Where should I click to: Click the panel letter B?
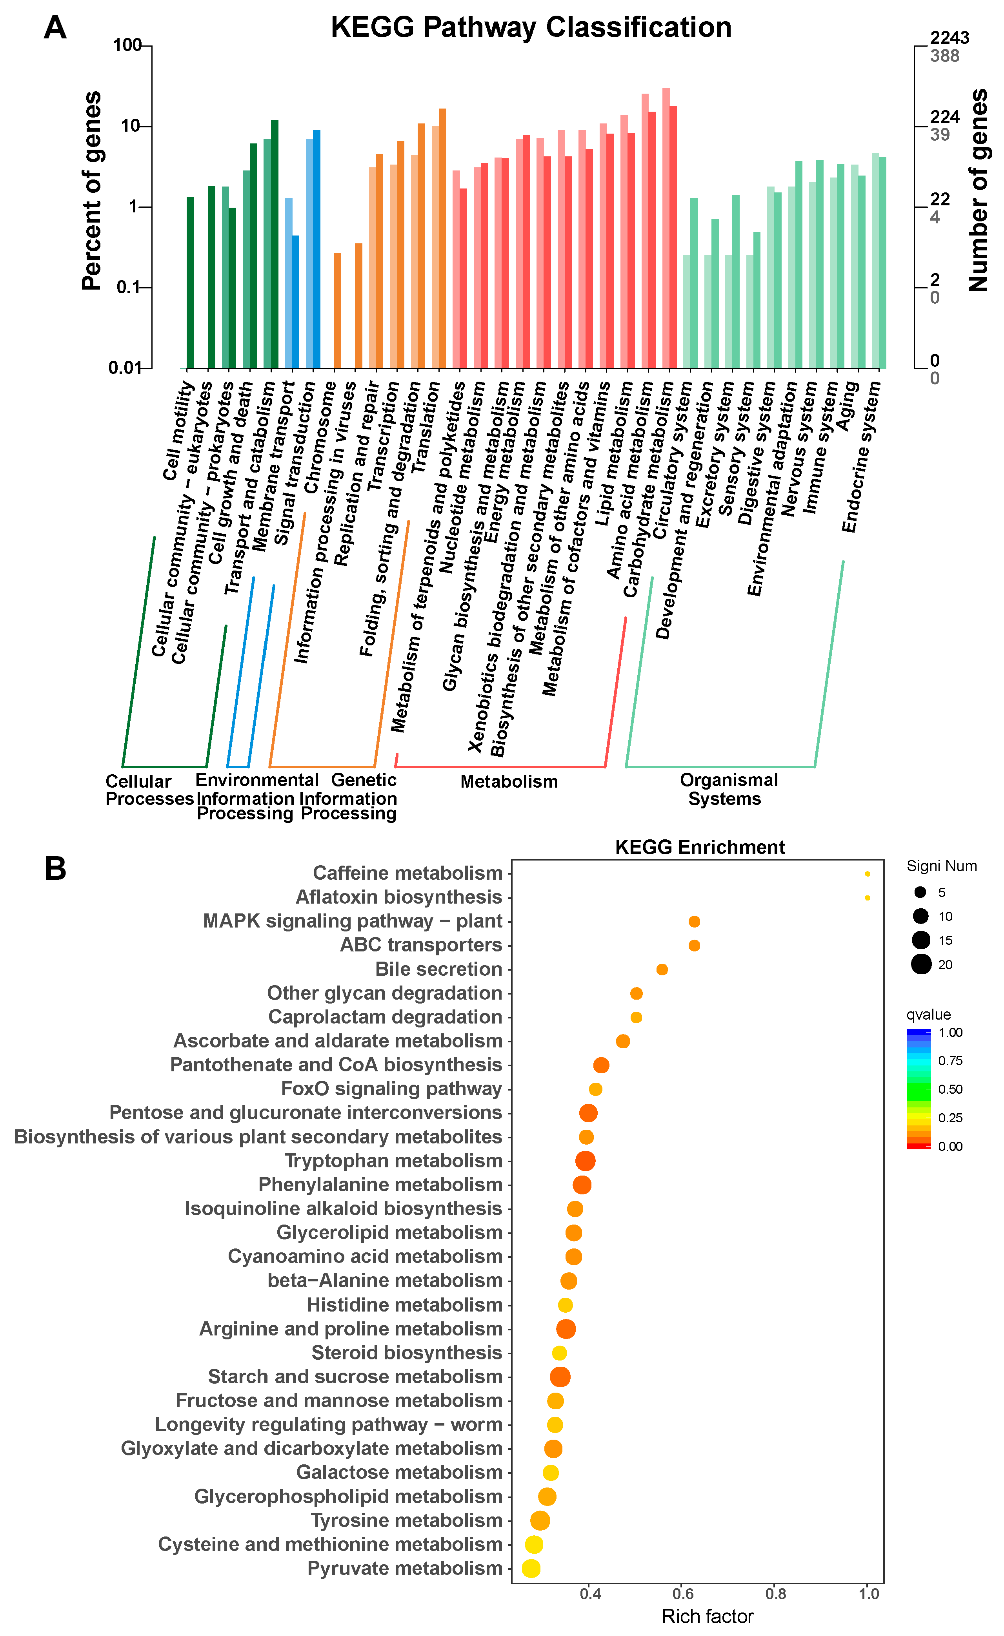coord(55,868)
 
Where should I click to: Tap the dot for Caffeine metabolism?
coord(867,874)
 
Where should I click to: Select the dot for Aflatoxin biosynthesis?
coord(867,898)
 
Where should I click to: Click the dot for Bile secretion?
coord(662,969)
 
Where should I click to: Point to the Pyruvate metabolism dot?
coord(531,1568)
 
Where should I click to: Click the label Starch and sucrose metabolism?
coord(355,1376)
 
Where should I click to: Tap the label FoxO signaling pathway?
coord(391,1089)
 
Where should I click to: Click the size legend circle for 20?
coord(921,964)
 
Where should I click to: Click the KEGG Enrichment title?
coord(700,847)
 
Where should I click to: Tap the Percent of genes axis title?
coord(92,191)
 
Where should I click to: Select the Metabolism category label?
coord(509,781)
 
